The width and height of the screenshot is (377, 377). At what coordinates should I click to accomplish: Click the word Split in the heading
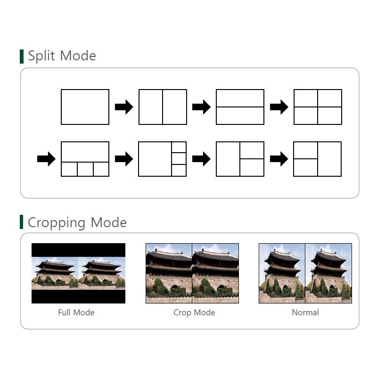click(41, 56)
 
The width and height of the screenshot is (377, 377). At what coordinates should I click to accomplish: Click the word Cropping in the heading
click(57, 222)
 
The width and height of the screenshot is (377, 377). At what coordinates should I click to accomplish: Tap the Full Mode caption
click(76, 312)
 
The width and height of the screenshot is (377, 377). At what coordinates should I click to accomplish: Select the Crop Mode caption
click(194, 312)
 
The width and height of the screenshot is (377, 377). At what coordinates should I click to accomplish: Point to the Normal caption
click(305, 312)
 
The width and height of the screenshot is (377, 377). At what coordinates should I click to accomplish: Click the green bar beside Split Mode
click(22, 57)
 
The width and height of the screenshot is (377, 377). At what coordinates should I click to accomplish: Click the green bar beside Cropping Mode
click(22, 222)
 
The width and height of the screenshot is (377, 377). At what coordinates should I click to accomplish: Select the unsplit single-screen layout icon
click(85, 107)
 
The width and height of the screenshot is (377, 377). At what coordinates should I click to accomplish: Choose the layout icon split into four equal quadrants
click(318, 107)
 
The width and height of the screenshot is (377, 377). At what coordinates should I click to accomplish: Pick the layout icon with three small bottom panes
click(85, 159)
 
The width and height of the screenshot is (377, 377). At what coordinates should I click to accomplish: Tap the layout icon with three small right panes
click(163, 159)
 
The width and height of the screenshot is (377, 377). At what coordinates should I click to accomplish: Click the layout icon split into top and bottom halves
click(240, 107)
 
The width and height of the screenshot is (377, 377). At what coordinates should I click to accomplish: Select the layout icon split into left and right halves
click(163, 107)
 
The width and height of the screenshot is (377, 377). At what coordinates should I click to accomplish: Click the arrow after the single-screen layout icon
click(124, 107)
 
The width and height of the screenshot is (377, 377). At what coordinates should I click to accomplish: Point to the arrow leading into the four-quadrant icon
click(279, 107)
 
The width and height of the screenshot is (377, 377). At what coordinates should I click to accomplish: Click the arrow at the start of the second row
click(46, 159)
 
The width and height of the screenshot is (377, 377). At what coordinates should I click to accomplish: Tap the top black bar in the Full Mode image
click(78, 250)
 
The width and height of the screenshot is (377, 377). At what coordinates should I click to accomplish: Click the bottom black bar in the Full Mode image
click(78, 296)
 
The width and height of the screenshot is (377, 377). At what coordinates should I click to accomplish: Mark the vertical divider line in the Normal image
click(305, 273)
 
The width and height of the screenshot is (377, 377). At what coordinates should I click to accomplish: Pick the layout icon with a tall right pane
click(317, 159)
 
